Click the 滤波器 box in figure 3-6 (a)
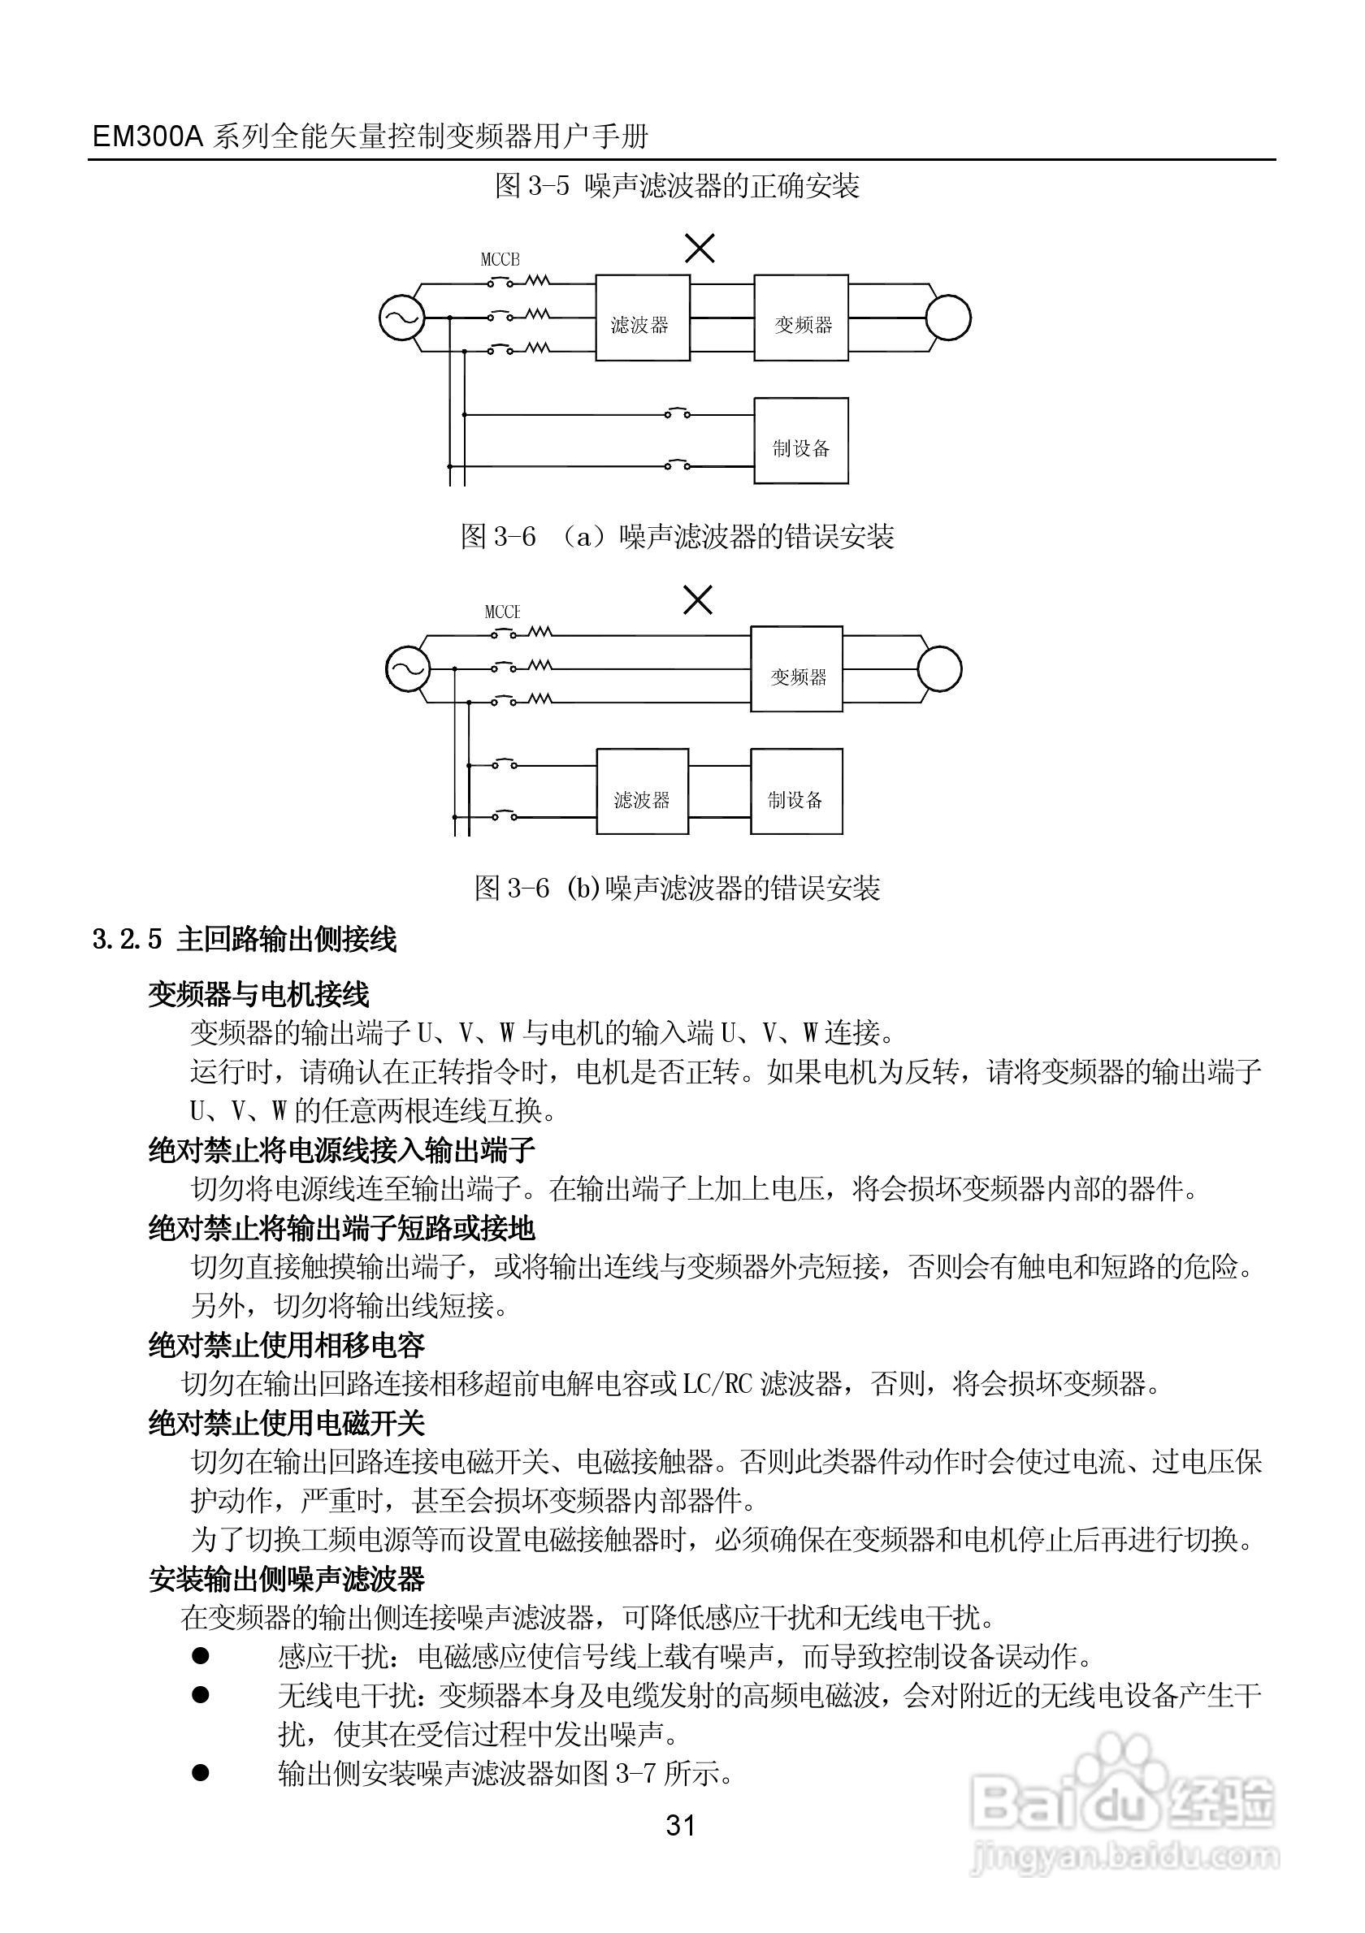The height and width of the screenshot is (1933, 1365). click(x=643, y=318)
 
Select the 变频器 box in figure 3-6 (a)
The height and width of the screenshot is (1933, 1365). click(x=801, y=318)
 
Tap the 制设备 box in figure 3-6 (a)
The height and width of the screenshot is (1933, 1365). click(x=801, y=440)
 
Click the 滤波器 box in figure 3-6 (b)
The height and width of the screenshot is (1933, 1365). click(x=643, y=791)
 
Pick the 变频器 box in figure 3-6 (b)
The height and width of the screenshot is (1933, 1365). click(x=796, y=669)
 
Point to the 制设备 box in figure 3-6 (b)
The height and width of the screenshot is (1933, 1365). click(x=796, y=791)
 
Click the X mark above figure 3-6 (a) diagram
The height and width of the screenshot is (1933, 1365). click(x=700, y=249)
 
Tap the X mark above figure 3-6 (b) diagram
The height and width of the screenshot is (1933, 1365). click(x=698, y=600)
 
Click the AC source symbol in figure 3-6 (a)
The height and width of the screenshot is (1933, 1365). click(x=401, y=318)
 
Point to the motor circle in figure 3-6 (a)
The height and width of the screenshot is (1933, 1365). click(x=948, y=318)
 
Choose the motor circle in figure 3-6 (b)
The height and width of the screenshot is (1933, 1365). click(x=939, y=669)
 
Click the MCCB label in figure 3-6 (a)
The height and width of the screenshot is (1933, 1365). click(x=500, y=259)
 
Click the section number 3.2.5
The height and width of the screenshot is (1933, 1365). click(x=127, y=940)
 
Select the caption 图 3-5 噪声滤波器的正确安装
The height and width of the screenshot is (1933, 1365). click(x=677, y=186)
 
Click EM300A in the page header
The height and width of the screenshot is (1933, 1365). click(x=148, y=136)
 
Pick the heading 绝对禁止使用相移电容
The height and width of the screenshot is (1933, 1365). click(x=287, y=1345)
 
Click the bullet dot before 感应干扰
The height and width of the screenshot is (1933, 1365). click(x=201, y=1656)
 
